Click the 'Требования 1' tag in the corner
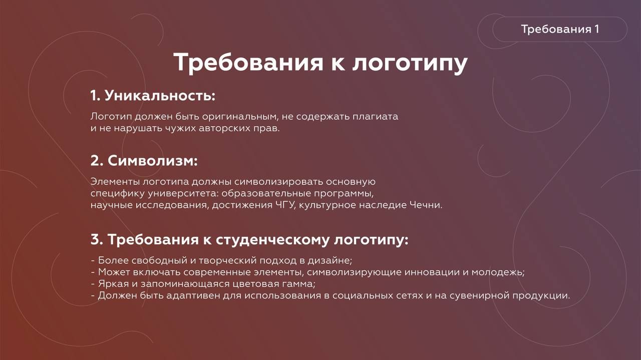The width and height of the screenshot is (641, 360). pos(560,29)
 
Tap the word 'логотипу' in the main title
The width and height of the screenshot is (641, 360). pos(410,63)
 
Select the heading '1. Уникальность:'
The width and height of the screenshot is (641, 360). pos(153,96)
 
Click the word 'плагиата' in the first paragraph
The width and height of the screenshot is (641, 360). pos(375,117)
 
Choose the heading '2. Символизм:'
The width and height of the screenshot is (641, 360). pos(144,161)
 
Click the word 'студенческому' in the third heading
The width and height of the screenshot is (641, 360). pos(272,240)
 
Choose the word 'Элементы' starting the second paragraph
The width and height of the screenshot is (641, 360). pos(115,182)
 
